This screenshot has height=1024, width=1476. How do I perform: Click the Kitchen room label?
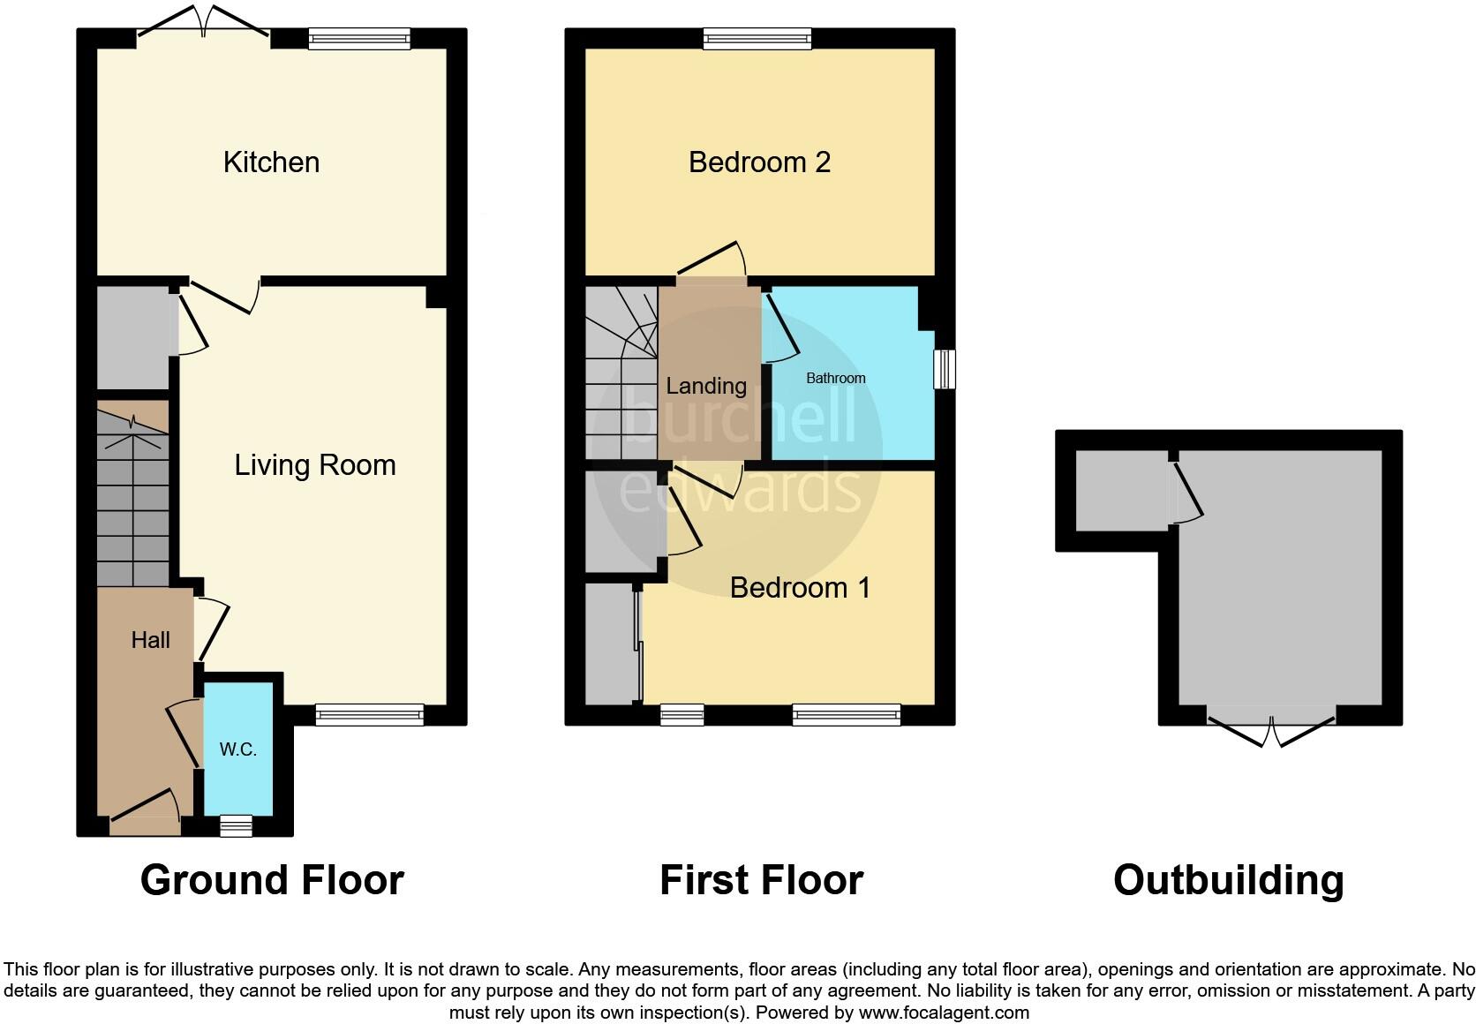[x=271, y=162]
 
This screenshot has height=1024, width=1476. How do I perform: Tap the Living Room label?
[x=314, y=465]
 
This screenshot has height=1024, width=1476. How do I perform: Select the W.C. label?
[x=237, y=749]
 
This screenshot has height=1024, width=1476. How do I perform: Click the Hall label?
[x=150, y=640]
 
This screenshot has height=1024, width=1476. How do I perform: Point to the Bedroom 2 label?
[x=759, y=162]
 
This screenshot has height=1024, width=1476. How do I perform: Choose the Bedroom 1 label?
[x=800, y=587]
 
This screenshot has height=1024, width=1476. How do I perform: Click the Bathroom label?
[x=835, y=378]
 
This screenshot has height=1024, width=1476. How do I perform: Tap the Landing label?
[x=706, y=386]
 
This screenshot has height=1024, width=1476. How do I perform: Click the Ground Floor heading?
[x=272, y=880]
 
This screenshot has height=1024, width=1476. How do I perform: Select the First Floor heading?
[x=761, y=880]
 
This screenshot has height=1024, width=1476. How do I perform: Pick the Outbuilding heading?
[x=1228, y=880]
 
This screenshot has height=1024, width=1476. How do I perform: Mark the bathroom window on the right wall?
[x=945, y=369]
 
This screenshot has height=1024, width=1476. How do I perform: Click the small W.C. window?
[x=236, y=826]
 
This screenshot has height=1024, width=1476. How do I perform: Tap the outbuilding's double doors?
[x=1271, y=728]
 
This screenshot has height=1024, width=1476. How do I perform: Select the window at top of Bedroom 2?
[x=757, y=38]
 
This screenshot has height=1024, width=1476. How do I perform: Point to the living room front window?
[x=369, y=715]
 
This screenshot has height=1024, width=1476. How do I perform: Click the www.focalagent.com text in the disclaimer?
[x=944, y=1013]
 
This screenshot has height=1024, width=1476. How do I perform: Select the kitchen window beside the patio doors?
[x=359, y=38]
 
